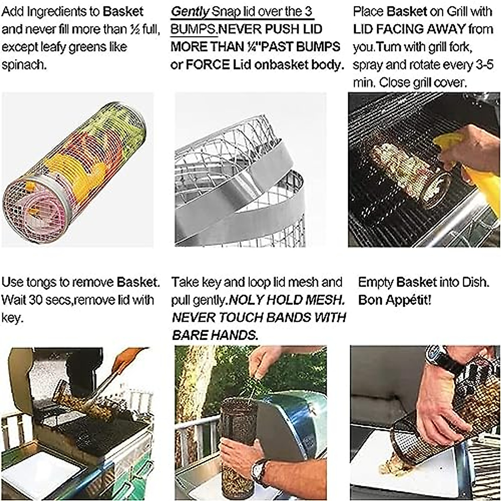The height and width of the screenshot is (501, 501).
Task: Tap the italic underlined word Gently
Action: pyautogui.click(x=190, y=11)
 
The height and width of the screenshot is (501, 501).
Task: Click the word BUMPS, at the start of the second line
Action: pyautogui.click(x=194, y=29)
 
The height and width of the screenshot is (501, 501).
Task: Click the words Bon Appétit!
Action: pyautogui.click(x=395, y=300)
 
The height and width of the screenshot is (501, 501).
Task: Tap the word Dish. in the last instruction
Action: pyautogui.click(x=476, y=282)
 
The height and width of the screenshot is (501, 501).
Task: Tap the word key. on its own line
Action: pyautogui.click(x=11, y=318)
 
